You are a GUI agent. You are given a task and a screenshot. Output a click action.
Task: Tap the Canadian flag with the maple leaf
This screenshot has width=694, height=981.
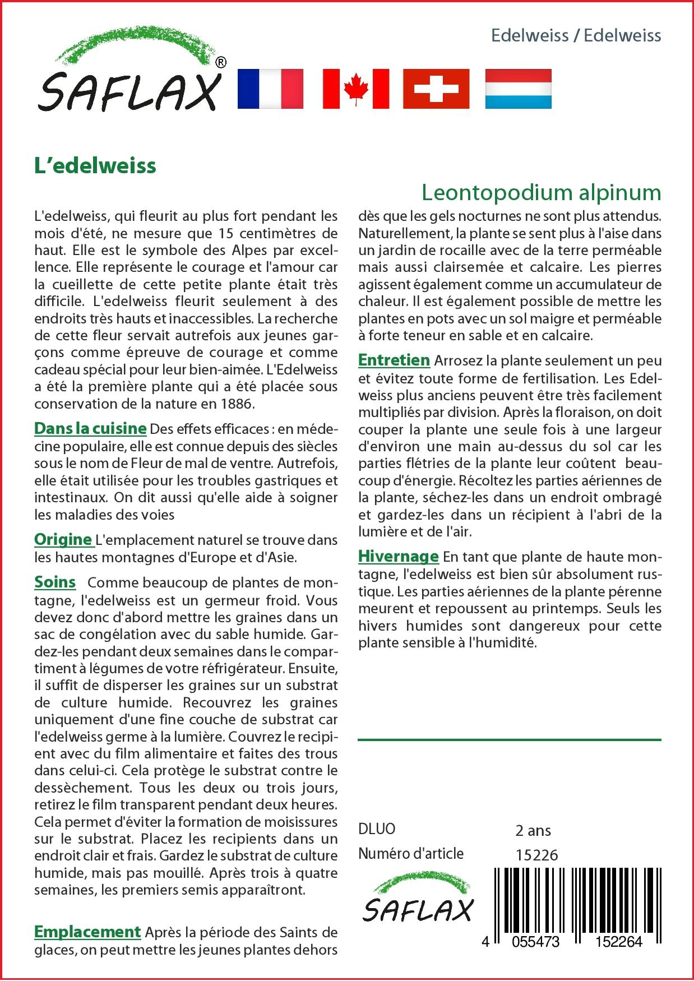pyautogui.click(x=356, y=89)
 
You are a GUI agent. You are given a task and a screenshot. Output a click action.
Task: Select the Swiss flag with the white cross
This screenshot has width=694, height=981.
pyautogui.click(x=436, y=89)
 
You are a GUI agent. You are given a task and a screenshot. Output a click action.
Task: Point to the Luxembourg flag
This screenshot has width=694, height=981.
pyautogui.click(x=518, y=89)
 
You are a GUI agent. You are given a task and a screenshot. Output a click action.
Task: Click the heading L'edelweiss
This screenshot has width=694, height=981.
pyautogui.click(x=95, y=166)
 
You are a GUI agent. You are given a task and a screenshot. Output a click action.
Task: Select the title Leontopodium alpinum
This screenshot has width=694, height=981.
pyautogui.click(x=541, y=192)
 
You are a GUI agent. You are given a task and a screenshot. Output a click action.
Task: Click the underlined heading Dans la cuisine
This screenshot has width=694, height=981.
pyautogui.click(x=90, y=429)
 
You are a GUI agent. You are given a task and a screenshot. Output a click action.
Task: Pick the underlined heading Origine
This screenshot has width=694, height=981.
pyautogui.click(x=63, y=539)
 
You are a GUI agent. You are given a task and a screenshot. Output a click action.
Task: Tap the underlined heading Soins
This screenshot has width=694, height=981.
pyautogui.click(x=55, y=582)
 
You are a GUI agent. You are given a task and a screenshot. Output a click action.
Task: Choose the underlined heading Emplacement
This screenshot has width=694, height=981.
pyautogui.click(x=87, y=932)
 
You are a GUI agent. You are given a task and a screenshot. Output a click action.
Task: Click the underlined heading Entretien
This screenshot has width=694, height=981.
pyautogui.click(x=394, y=360)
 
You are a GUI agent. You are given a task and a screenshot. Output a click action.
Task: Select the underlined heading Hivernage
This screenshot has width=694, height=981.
pyautogui.click(x=398, y=556)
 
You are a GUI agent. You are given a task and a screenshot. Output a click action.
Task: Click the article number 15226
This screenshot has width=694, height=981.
pyautogui.click(x=536, y=854)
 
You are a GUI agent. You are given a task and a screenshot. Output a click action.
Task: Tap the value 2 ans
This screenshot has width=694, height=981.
pyautogui.click(x=533, y=830)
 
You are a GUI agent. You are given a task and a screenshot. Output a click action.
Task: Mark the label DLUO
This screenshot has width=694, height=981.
pyautogui.click(x=377, y=829)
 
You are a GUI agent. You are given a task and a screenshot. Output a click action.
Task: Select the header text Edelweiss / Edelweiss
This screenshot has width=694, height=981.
pyautogui.click(x=576, y=36)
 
